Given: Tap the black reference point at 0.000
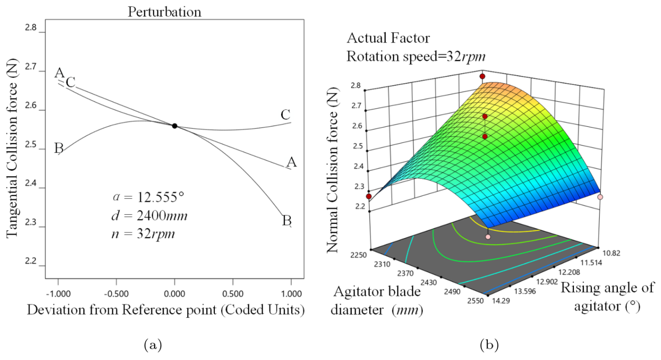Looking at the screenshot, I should pos(174,126).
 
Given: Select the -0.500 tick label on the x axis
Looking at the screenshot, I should pos(116,293).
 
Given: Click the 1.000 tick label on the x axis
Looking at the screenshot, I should pos(291,293).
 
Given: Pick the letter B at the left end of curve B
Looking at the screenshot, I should pos(60,148).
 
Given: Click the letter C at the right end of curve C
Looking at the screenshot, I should pos(285,115).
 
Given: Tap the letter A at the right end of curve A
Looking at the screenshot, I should pos(291,163).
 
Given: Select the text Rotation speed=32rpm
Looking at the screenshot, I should pos(416,56).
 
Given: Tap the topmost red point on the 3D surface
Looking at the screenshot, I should pos(482,76).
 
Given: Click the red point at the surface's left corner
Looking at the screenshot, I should pos(369,196).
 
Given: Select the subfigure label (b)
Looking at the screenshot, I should pos(488,345).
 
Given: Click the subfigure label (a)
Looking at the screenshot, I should pos(153,345).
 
